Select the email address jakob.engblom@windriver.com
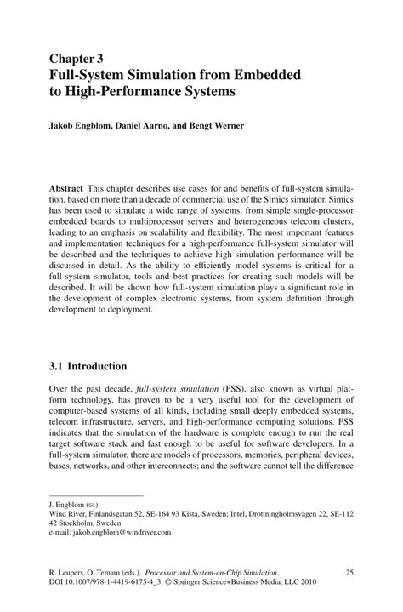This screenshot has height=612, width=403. click(118, 532)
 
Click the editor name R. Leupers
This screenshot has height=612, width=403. click(71, 575)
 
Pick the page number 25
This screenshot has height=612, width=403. click(349, 575)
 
